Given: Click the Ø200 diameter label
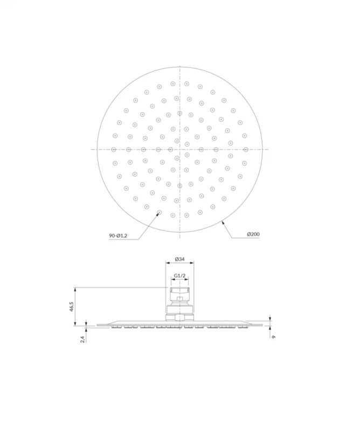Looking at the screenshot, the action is click(x=253, y=234).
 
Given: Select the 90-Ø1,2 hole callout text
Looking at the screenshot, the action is click(x=118, y=235).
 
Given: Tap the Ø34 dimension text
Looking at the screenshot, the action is click(x=179, y=259).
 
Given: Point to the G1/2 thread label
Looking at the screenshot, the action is click(x=180, y=275).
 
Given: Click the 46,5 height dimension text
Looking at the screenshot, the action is click(x=72, y=307).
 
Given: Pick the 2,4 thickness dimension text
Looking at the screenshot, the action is click(x=82, y=339).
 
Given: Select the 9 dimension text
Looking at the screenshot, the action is click(x=273, y=337).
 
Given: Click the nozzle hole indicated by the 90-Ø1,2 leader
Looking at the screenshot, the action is click(x=159, y=212).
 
